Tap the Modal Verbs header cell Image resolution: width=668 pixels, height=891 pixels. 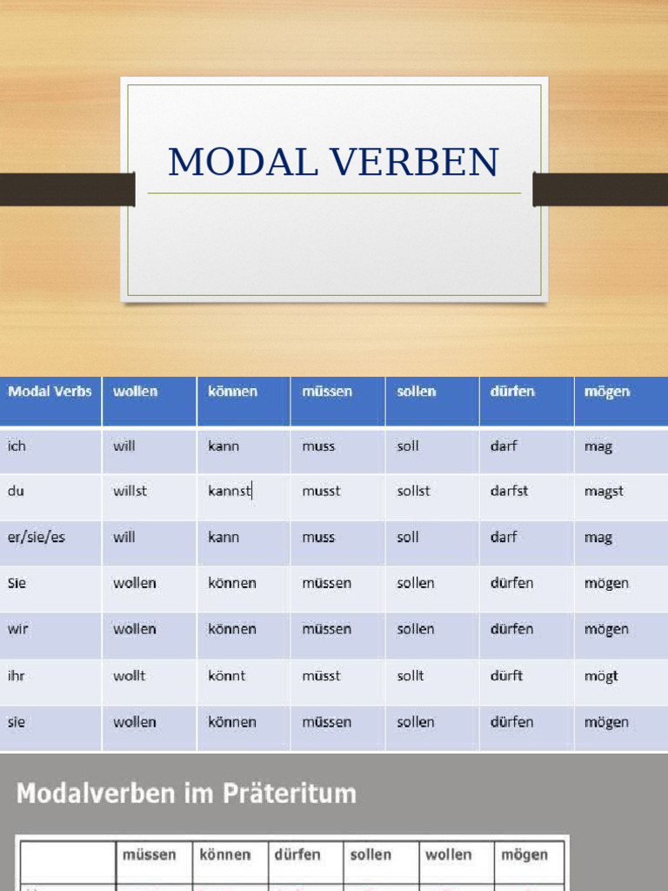[x=50, y=392]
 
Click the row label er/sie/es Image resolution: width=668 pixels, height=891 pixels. [x=37, y=537]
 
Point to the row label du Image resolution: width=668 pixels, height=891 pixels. [x=16, y=491]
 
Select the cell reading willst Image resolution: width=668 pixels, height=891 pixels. [x=130, y=491]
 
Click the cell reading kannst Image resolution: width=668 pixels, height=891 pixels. [x=230, y=491]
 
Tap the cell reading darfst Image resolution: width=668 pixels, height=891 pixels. [x=510, y=491]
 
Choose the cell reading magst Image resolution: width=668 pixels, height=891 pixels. [x=604, y=491]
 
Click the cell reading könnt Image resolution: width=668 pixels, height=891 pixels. [x=226, y=675]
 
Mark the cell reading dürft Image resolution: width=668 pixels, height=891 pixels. [x=506, y=675]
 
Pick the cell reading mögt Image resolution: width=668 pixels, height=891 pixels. [x=600, y=675]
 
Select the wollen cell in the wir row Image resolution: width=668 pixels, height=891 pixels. [x=134, y=629]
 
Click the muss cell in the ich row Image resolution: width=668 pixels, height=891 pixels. [x=318, y=446]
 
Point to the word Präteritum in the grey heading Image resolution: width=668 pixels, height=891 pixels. [x=299, y=794]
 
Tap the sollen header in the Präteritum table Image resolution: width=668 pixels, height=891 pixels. [x=371, y=854]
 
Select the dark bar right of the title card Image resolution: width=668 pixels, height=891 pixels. [x=600, y=189]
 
